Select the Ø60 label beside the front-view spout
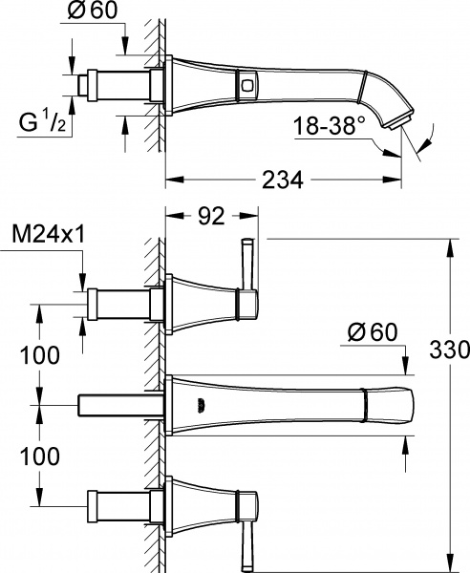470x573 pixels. (372, 333)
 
